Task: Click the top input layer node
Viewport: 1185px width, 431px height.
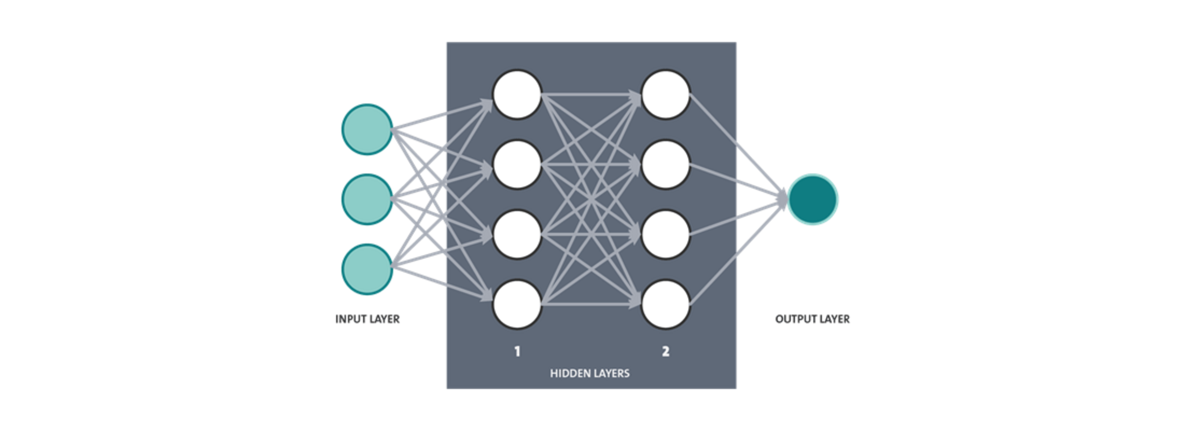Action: coord(367,129)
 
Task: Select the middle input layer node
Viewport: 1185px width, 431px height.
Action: coord(367,199)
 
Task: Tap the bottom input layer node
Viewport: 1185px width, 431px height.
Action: coord(367,269)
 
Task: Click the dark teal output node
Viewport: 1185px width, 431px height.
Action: coord(812,199)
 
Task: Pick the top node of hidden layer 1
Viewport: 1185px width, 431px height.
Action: coord(517,94)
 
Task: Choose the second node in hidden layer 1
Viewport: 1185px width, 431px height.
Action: coord(517,164)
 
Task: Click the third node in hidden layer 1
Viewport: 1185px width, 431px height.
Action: coord(517,235)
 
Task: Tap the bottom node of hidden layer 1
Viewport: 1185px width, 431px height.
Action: coord(517,304)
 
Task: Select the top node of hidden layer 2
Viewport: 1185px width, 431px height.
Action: coord(666,94)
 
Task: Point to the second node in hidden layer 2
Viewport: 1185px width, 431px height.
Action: coord(666,164)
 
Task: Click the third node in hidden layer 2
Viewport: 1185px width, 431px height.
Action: coord(666,235)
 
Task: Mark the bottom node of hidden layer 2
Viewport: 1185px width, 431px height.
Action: coord(666,304)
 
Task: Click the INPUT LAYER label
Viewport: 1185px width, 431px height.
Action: coord(367,319)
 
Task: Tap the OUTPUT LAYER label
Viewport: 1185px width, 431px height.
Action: coord(812,319)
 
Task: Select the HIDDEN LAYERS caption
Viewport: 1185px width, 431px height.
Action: coord(590,373)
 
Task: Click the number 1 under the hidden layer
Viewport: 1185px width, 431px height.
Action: coord(517,352)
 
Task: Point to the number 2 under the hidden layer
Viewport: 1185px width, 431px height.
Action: coord(666,352)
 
